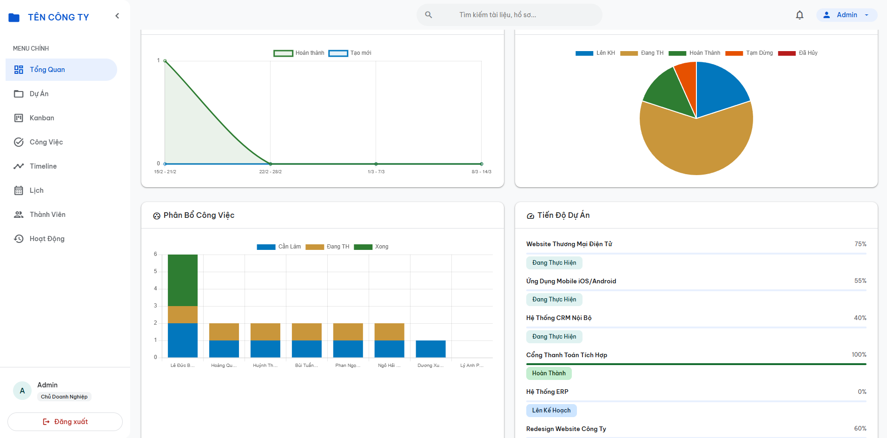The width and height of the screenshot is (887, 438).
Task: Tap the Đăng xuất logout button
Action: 65,422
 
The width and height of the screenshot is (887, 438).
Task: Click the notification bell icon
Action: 800,15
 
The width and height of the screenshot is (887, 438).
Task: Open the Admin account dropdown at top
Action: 847,15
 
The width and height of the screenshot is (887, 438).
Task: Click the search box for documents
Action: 509,15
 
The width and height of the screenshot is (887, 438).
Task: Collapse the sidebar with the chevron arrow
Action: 117,16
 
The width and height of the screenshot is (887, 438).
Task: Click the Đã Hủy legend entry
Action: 798,53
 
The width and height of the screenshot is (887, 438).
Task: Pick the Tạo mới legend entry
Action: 350,53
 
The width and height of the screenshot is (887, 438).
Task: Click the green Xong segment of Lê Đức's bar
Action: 183,280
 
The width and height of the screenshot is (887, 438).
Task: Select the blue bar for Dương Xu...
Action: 430,349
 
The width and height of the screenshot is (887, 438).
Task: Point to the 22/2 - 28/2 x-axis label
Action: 271,172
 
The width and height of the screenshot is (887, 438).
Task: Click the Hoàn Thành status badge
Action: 549,373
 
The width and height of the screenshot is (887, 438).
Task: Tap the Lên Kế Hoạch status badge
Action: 551,411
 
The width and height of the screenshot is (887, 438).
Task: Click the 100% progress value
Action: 859,355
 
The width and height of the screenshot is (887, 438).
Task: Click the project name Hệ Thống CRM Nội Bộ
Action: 559,318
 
